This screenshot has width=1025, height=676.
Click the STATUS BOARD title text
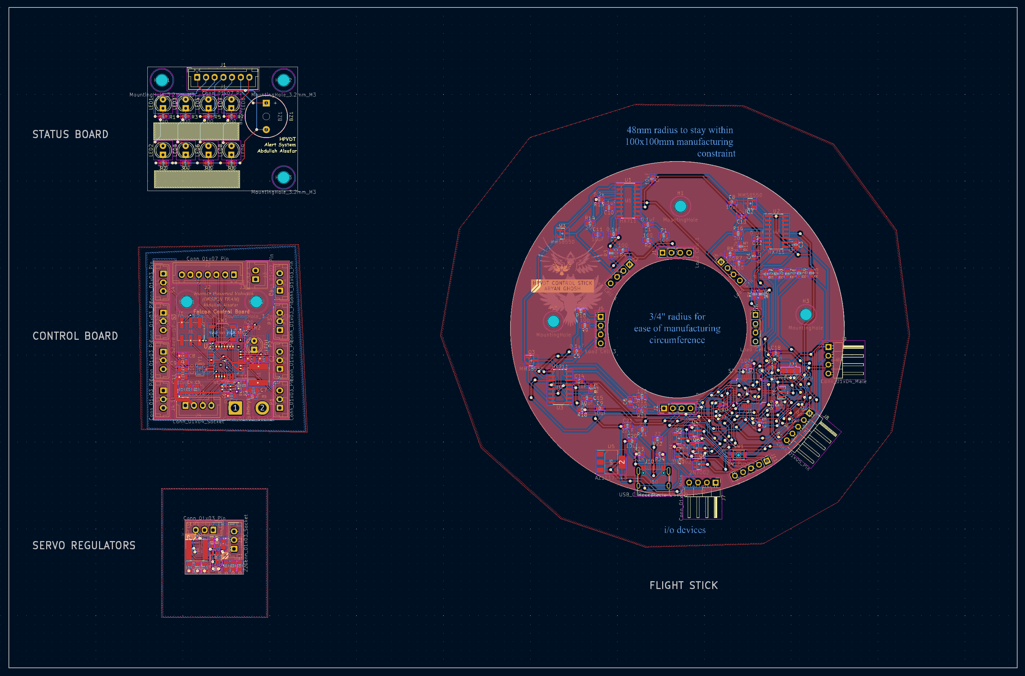point(70,135)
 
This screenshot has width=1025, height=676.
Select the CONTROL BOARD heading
point(75,336)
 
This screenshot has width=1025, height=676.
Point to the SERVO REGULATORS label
point(84,545)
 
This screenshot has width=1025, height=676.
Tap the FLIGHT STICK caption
point(683,585)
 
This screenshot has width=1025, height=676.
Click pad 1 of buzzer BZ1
point(266,103)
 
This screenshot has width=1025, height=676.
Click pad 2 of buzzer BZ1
point(266,129)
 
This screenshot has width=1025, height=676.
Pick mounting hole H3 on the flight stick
point(806,315)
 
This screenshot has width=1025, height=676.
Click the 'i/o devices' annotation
point(685,530)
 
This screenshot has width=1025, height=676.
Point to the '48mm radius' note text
point(679,130)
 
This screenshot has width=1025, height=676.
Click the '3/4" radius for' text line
point(677,316)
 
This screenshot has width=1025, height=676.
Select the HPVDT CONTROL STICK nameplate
point(562,285)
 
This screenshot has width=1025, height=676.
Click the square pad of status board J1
point(197,77)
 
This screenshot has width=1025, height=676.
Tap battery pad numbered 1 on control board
point(235,408)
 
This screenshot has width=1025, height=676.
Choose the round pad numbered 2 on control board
point(262,408)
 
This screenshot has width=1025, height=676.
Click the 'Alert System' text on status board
point(280,145)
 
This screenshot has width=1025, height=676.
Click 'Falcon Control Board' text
point(221,311)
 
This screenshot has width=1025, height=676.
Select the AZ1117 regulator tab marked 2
point(622,462)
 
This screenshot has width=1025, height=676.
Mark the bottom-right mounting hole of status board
point(283,177)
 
